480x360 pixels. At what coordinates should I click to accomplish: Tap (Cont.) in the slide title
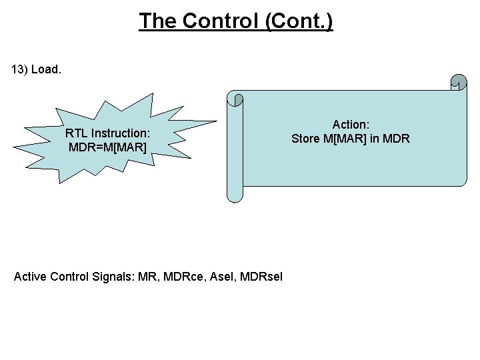click(299, 21)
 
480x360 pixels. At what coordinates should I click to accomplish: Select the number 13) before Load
click(21, 69)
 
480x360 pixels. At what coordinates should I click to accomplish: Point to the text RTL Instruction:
click(107, 133)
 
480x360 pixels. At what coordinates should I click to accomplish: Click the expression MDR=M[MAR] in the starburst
click(107, 146)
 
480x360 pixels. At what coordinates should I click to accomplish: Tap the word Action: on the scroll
click(351, 125)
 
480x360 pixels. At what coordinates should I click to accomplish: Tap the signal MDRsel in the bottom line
click(261, 276)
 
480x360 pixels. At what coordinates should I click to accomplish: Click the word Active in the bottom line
click(30, 276)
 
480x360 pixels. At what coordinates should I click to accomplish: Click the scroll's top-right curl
click(458, 82)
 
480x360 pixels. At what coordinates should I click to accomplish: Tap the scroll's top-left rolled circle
click(235, 99)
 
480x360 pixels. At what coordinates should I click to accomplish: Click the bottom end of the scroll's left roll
click(235, 196)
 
